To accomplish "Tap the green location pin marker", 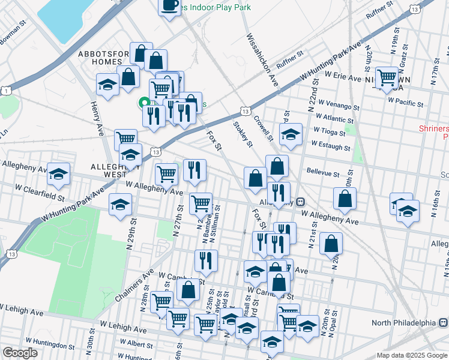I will click(144, 103).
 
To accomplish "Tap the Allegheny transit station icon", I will click(300, 202).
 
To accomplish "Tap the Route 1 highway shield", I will click(6, 90).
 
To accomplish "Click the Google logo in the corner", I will click(20, 353).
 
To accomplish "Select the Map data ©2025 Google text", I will click(411, 355).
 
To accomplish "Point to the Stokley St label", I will click(243, 133).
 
